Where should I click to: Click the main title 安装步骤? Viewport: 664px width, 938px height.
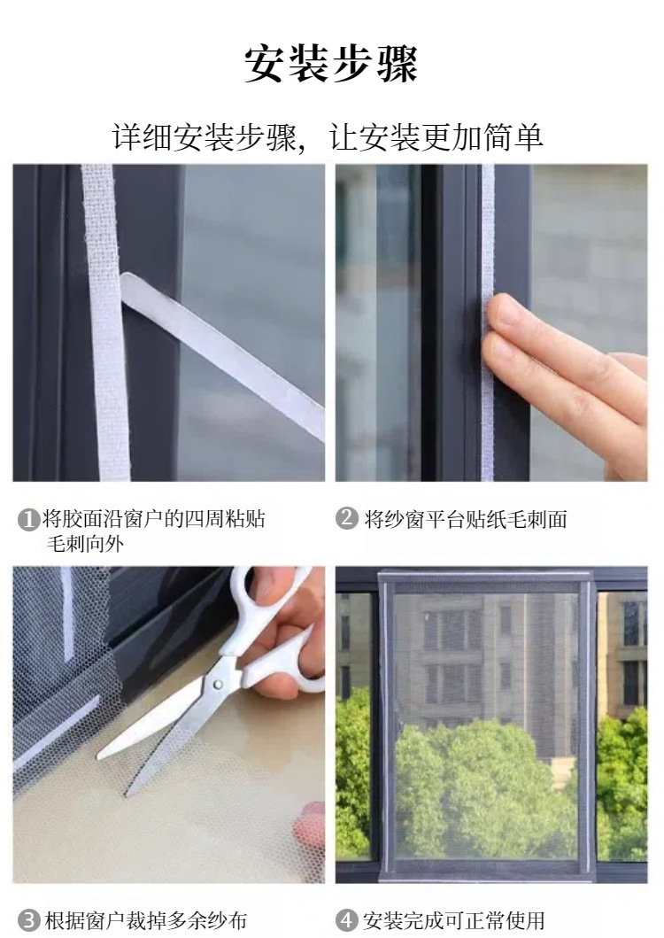click(x=331, y=64)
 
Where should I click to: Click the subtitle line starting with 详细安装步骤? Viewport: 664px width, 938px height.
click(x=328, y=137)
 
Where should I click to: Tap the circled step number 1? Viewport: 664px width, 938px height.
click(x=28, y=519)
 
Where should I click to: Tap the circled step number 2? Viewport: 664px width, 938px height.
click(x=347, y=518)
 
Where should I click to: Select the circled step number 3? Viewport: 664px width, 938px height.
click(x=28, y=920)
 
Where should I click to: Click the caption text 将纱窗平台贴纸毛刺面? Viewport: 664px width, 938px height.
click(x=466, y=519)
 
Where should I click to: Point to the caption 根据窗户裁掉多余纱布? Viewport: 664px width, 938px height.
click(x=145, y=920)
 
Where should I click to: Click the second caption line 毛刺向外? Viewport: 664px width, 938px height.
click(x=86, y=544)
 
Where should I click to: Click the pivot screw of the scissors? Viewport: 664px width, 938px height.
click(x=218, y=684)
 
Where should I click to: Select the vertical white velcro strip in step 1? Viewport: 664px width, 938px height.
click(x=105, y=322)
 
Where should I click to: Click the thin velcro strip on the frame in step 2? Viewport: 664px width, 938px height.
click(x=488, y=322)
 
